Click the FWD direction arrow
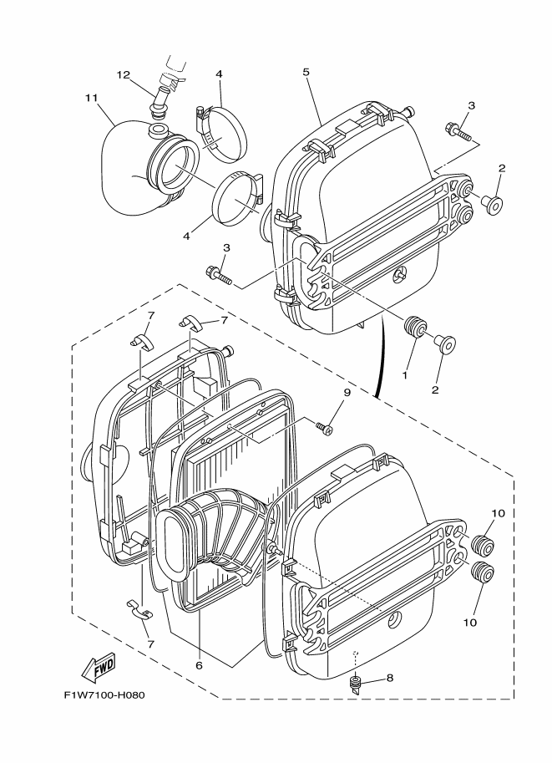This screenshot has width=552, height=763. [99, 668]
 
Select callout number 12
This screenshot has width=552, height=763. [124, 75]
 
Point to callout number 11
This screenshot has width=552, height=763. [91, 98]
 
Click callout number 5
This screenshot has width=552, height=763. [306, 72]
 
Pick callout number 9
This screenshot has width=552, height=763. [199, 665]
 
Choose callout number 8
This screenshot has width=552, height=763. [389, 679]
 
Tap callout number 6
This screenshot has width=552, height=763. [199, 665]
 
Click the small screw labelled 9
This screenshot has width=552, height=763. [325, 429]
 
